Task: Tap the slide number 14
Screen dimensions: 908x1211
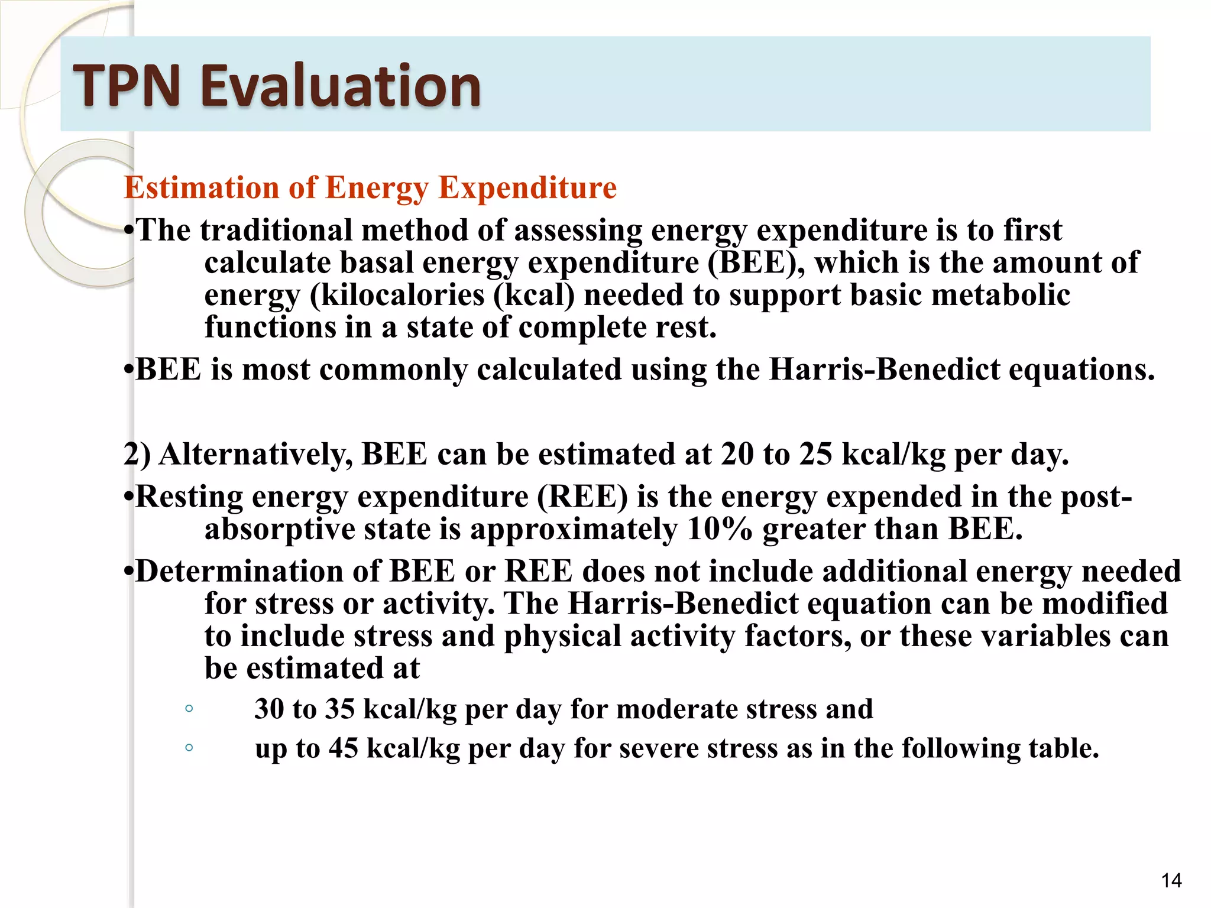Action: tap(1171, 881)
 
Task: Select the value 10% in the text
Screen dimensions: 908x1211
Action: tap(720, 529)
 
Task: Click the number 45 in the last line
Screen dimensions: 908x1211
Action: tap(344, 748)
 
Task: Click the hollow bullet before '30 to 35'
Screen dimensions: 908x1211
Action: tap(189, 708)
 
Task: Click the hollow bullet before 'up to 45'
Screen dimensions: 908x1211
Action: tap(189, 748)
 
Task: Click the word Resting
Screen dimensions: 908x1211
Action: tap(189, 497)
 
